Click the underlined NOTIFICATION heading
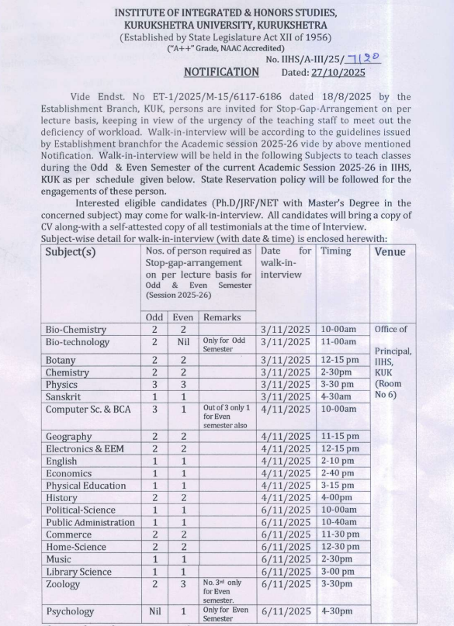pos(221,72)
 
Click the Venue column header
pos(391,252)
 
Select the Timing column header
pos(336,251)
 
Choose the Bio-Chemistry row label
pos(76,330)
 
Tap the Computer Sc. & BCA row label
pos(88,409)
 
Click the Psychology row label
pos(70,611)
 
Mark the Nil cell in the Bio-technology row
pos(183,341)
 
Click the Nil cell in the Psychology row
pos(154,611)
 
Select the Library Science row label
pos(78,572)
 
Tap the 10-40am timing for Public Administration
pos(340,522)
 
